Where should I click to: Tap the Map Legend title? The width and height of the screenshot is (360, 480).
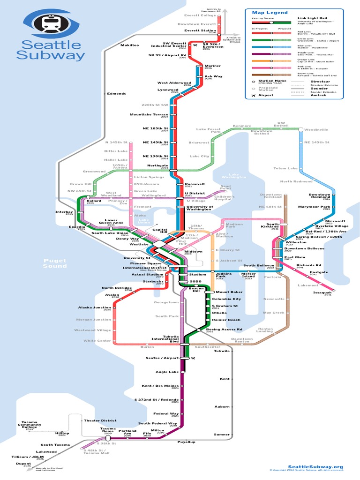pos(270,13)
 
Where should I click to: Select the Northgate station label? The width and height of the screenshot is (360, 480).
pos(157,165)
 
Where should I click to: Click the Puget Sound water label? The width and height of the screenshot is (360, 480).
pos(55,263)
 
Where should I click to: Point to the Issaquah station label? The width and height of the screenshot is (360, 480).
pos(322,292)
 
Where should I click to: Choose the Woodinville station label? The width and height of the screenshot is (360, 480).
pos(316,129)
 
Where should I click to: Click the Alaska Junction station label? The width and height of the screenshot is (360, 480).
pos(95,307)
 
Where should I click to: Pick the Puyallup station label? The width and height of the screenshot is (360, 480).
pos(186,442)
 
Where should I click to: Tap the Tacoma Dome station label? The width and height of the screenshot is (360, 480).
pos(107,430)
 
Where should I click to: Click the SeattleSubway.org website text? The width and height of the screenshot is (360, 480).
pos(315,466)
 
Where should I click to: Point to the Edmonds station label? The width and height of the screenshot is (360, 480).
pos(116,93)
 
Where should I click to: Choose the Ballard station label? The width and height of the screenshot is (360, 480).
pos(94,201)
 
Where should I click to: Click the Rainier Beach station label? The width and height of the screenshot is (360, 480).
pos(226,320)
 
